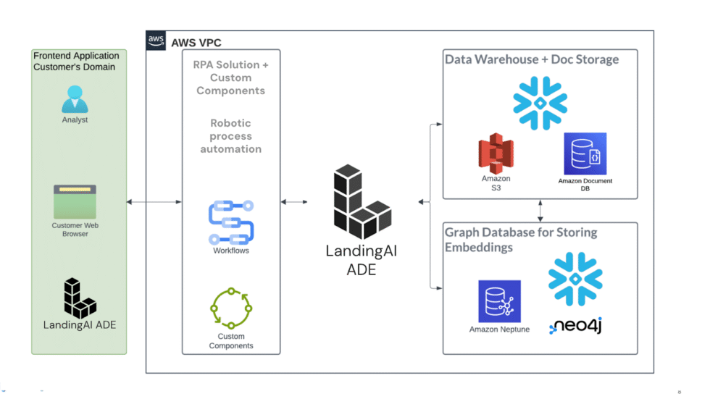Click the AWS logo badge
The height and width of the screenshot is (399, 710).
156,41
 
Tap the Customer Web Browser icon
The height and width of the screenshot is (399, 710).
75,202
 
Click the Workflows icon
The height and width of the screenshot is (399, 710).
231,222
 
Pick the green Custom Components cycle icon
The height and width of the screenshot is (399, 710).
231,308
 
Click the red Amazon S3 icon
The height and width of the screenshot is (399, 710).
496,153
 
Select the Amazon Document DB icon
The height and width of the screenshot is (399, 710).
585,154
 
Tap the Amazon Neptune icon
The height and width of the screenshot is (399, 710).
499,301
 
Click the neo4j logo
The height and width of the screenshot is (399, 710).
575,325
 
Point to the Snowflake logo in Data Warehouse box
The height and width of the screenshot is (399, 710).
540,103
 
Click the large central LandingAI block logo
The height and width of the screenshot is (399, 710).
362,203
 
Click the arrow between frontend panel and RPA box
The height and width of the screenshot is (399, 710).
154,202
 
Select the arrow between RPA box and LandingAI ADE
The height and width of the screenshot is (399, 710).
294,202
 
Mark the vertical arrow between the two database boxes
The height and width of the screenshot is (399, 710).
540,210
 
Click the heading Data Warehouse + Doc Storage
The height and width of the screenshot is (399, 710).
532,59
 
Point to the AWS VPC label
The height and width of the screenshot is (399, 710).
196,43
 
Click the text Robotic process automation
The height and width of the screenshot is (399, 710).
230,136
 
